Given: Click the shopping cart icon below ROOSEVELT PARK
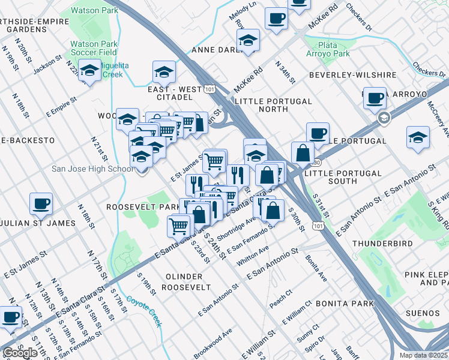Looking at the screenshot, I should [x=179, y=226].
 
